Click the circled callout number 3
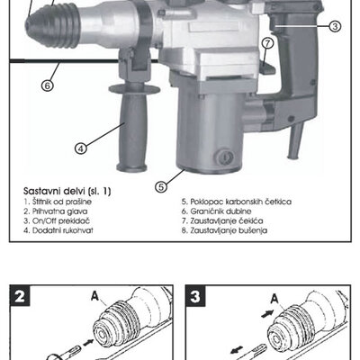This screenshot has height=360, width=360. pos(335,26)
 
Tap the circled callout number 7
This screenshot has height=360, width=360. pos(267,43)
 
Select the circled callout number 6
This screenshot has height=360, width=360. pos(48,85)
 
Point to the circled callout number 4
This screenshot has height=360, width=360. pos(81,148)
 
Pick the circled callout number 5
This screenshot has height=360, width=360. pos(161,186)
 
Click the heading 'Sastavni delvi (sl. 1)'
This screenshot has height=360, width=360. pos(67,191)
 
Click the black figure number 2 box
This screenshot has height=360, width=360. pos(20,296)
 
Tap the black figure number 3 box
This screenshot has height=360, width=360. pos(195,296)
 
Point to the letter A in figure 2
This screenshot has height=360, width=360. pos(94,296)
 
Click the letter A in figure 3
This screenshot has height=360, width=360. pos(274,299)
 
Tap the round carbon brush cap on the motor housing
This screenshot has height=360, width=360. pos(225,157)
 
